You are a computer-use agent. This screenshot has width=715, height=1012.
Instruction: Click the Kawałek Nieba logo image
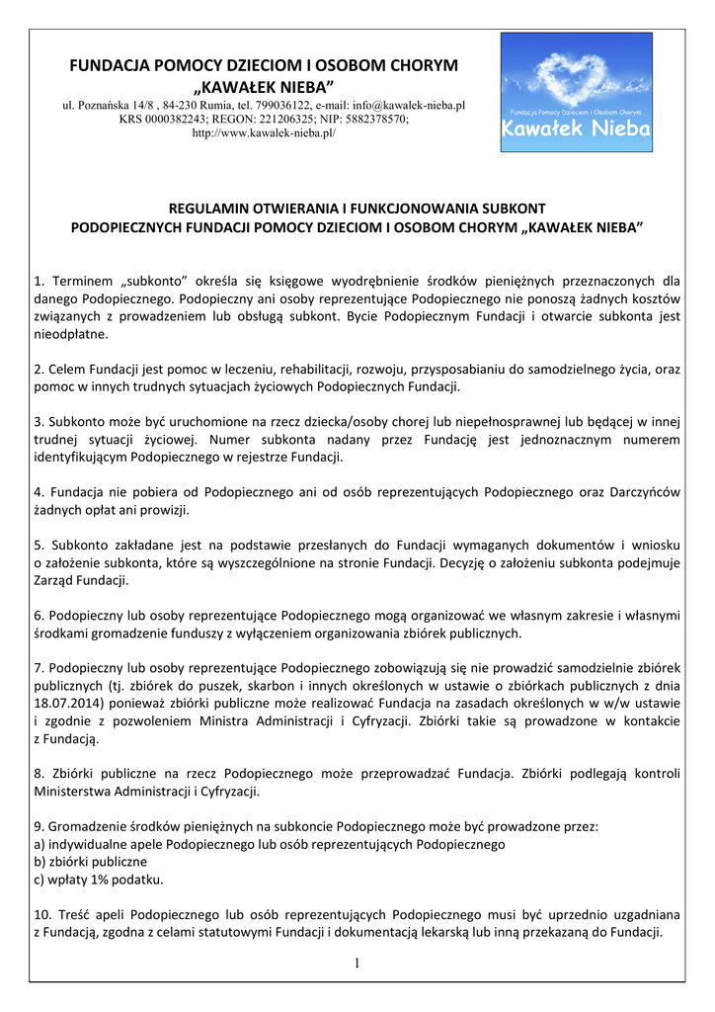(576, 92)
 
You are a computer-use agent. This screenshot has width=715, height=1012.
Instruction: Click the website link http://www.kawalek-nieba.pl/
(264, 132)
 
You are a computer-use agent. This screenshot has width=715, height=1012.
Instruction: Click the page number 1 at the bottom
(357, 964)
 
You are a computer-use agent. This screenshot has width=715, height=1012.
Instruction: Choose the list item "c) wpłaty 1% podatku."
(99, 880)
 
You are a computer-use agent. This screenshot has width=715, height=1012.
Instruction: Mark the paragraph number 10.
(42, 915)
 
